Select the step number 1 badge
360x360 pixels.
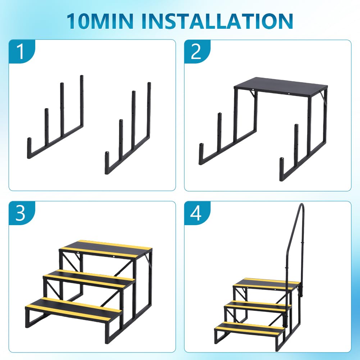coord(22,51)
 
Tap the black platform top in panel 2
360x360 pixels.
coord(281,86)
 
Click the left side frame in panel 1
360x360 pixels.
coord(55,117)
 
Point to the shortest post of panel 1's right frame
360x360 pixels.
coord(107,163)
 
